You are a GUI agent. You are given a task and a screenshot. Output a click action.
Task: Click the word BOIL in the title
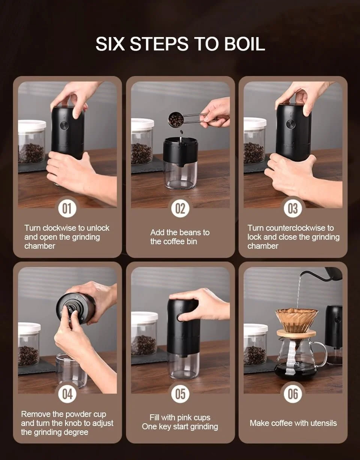coord(244,44)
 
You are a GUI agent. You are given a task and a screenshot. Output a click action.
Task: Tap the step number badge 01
coord(67,208)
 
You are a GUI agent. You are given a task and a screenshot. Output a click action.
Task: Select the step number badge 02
coord(180,208)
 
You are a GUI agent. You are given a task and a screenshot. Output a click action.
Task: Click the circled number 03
coord(293,208)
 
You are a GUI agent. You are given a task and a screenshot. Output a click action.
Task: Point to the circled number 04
coord(67,394)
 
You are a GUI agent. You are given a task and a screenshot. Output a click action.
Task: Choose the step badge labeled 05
coord(180,394)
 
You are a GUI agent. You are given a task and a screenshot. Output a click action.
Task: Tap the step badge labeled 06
coord(293,394)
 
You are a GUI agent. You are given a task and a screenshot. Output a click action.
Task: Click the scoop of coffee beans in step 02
coord(176,119)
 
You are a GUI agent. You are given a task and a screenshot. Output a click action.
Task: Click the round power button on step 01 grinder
coord(64,125)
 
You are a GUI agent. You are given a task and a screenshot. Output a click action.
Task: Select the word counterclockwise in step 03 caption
coord(295,228)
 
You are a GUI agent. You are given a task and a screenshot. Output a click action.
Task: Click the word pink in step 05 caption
coord(184,417)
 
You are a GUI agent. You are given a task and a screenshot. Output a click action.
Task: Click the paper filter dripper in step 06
coord(296,320)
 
